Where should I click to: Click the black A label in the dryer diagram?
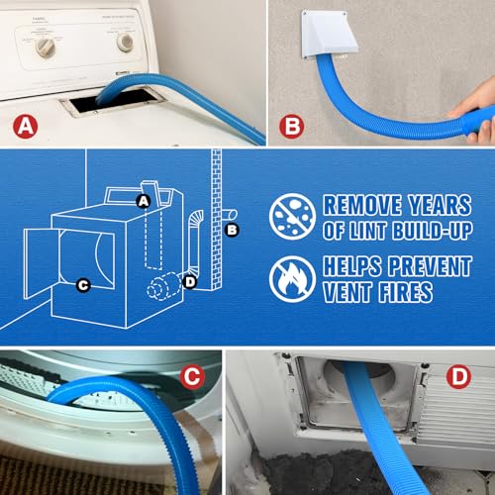144,201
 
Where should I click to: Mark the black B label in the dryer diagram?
233,231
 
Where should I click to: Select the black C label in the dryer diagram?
83,286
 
